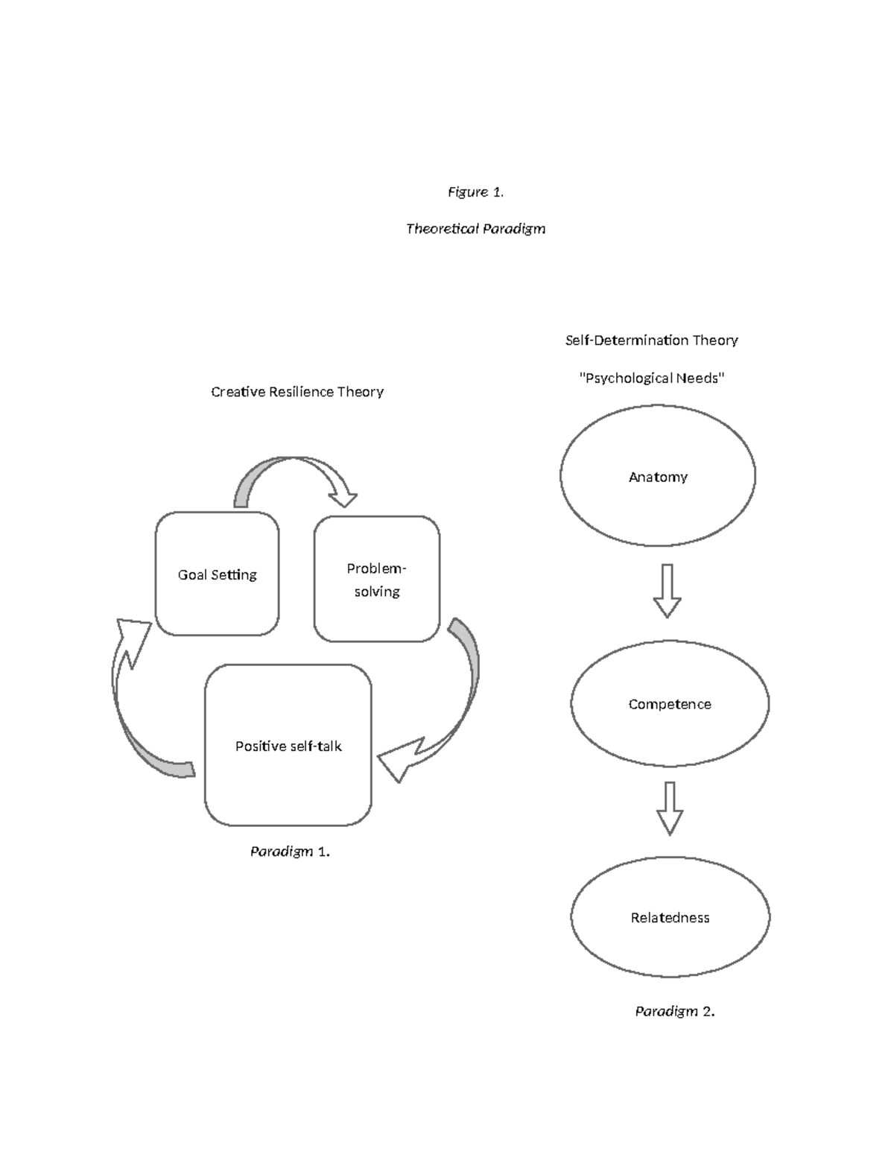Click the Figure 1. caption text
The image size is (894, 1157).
(x=475, y=192)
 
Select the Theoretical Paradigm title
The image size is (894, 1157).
(x=475, y=229)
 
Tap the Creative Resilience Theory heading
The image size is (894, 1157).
(x=297, y=392)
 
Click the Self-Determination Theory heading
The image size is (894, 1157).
(x=651, y=340)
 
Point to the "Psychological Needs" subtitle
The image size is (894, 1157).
(x=651, y=378)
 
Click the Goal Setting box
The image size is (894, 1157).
(x=217, y=574)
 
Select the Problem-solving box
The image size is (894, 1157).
(x=376, y=579)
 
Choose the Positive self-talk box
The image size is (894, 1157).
(x=288, y=746)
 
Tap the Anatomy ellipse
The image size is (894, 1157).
(x=658, y=476)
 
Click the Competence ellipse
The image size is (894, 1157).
(x=669, y=704)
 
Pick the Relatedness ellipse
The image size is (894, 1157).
(x=670, y=918)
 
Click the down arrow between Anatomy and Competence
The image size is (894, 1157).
(x=667, y=591)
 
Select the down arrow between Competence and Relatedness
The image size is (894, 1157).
(x=670, y=808)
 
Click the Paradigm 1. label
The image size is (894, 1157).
(x=290, y=852)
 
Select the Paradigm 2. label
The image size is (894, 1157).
(x=674, y=1011)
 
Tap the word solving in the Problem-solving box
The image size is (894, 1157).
(x=377, y=592)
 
